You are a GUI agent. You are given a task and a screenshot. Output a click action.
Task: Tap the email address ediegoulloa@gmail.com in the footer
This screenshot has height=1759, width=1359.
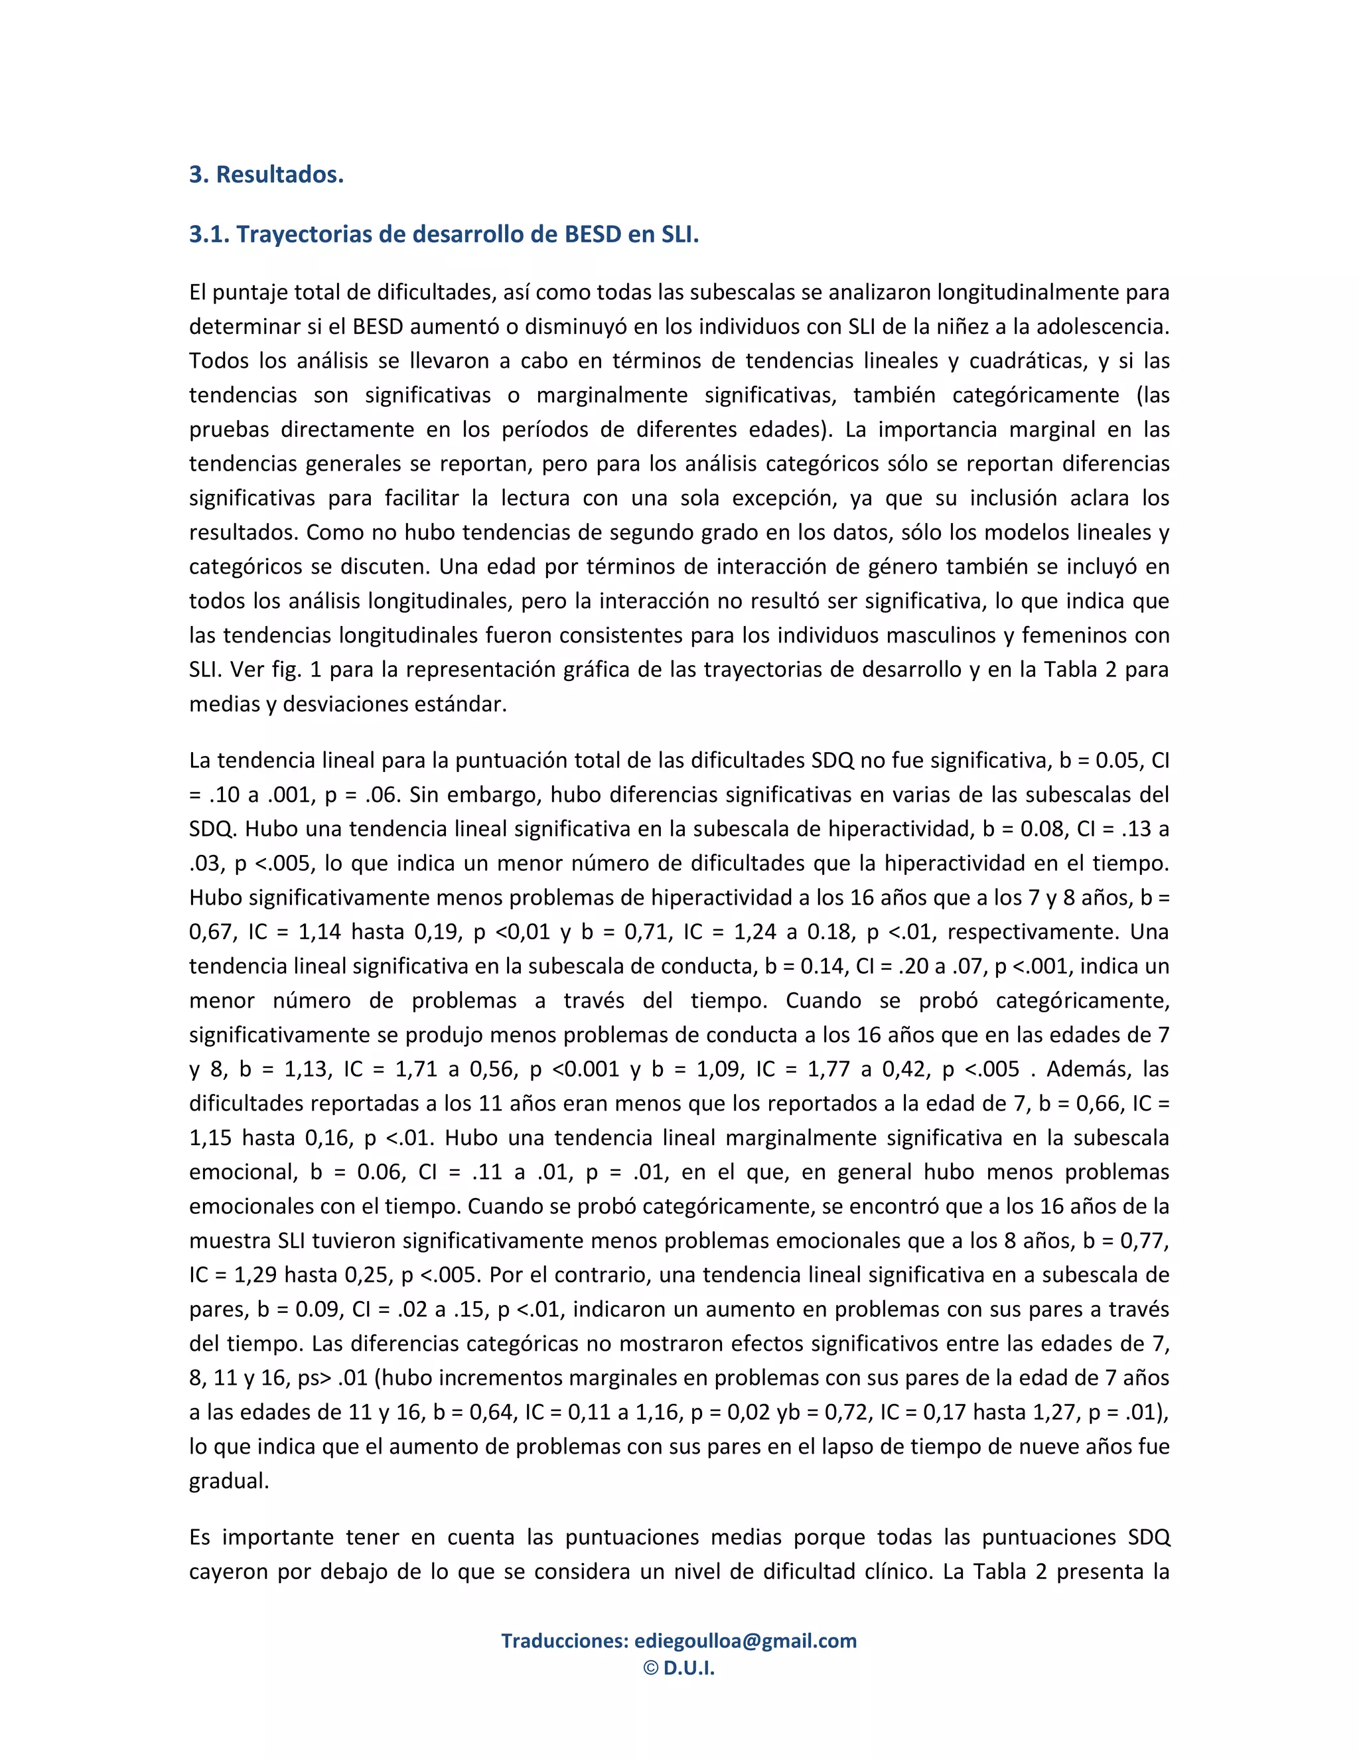(745, 1641)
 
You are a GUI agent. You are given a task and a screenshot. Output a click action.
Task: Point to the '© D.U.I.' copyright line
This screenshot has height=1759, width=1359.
(679, 1668)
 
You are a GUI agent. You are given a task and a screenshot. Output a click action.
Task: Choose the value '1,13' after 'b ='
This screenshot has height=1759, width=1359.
(307, 1069)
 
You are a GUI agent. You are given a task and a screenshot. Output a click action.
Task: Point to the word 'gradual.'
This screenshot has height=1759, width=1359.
(229, 1480)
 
